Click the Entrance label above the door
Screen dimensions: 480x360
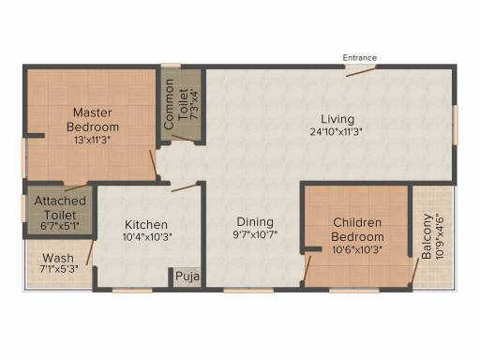(359, 58)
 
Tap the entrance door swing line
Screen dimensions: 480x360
(361, 71)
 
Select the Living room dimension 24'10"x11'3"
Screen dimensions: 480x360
(336, 132)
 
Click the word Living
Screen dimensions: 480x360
(337, 119)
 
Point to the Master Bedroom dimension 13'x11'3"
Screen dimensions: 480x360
(93, 140)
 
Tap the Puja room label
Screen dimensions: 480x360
(187, 277)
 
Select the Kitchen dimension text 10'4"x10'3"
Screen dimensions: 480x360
(147, 237)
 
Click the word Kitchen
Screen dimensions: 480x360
(146, 224)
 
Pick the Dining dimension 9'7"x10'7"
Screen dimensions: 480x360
(255, 234)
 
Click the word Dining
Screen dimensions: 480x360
(255, 222)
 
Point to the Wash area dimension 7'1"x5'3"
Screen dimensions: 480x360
(59, 269)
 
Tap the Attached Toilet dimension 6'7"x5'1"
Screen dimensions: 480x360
(60, 226)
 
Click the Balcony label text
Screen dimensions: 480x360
(427, 236)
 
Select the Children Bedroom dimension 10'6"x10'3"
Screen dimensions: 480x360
(357, 250)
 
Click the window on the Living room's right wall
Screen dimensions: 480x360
(456, 125)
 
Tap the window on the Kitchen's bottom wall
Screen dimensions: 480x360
(132, 291)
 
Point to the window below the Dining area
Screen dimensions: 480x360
(248, 291)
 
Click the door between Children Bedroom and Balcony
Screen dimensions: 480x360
(414, 271)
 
